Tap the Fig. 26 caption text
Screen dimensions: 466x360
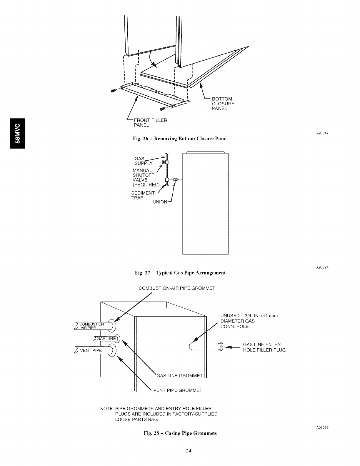point(181,138)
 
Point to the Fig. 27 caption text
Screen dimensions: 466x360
point(180,273)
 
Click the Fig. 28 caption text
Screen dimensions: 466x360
point(180,433)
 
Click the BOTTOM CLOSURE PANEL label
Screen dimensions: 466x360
point(223,104)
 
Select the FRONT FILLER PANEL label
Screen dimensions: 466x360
point(150,123)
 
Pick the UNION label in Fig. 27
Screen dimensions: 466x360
point(160,202)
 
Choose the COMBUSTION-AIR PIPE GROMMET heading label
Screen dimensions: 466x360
point(177,288)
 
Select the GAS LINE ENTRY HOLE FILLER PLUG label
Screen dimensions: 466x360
point(264,347)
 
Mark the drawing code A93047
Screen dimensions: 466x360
point(322,133)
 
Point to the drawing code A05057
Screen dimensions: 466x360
point(322,427)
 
